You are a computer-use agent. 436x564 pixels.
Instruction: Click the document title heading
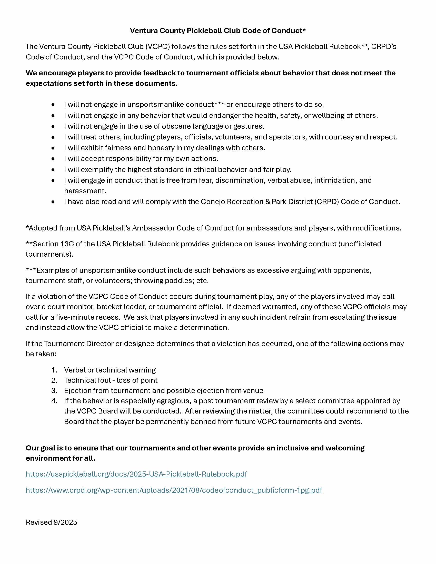point(218,31)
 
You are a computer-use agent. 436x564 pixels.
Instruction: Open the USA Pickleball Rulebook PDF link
point(136,474)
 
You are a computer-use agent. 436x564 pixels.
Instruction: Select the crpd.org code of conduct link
point(174,490)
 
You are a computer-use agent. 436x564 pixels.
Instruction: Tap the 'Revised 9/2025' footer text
point(51,522)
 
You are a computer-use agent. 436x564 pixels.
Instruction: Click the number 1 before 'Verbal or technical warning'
point(54,370)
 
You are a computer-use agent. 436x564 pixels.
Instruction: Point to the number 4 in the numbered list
point(54,401)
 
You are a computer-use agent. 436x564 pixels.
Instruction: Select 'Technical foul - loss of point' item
point(111,380)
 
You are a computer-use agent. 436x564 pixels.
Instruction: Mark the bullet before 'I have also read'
point(53,202)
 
